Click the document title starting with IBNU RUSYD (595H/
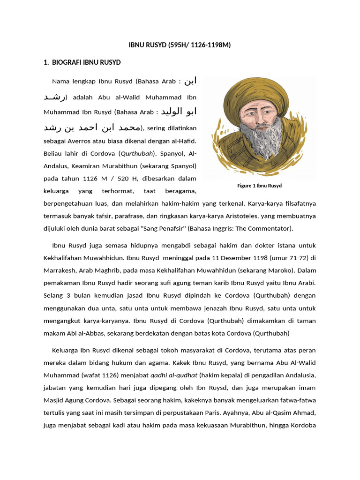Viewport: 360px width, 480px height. [180, 45]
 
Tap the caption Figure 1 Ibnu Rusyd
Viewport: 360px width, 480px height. [259, 186]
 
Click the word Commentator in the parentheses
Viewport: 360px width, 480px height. [273, 228]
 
